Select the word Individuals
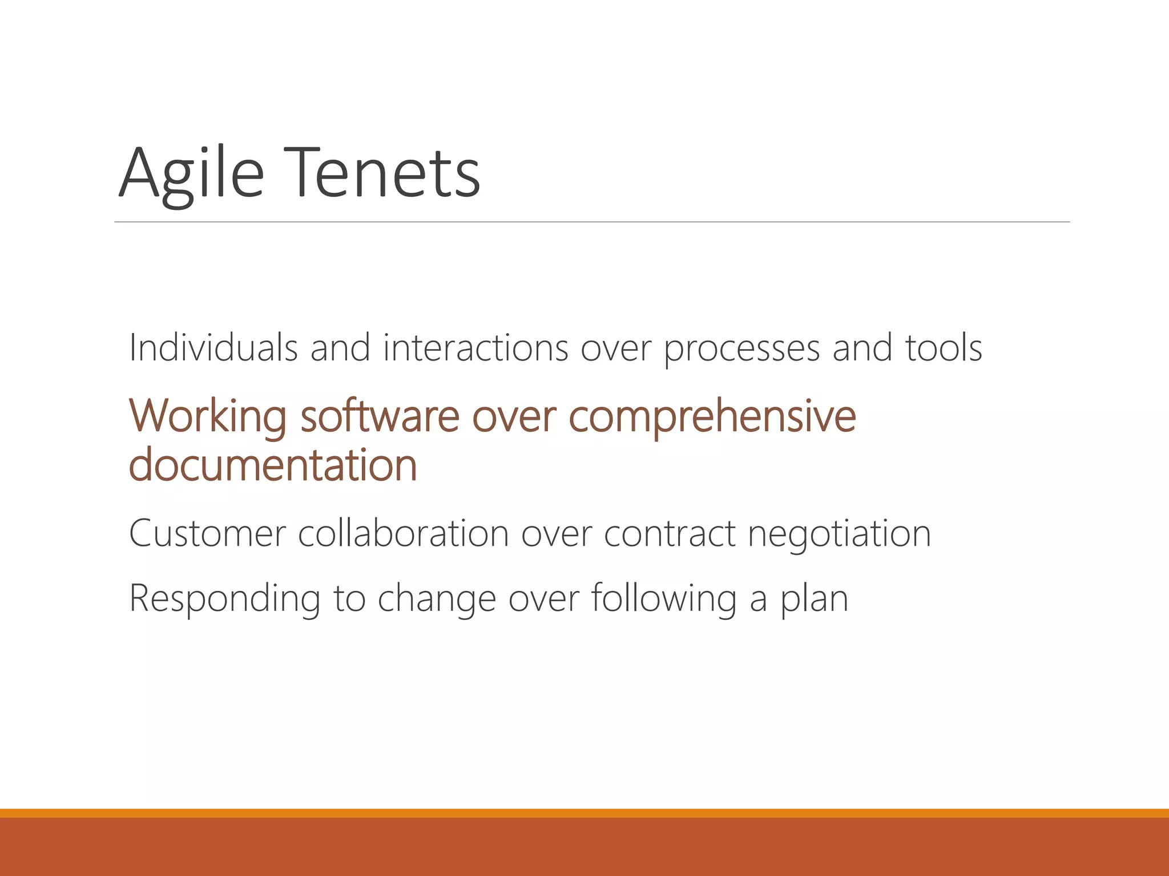click(x=213, y=347)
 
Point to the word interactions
click(x=475, y=347)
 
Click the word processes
click(x=741, y=348)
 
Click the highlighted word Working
click(x=207, y=416)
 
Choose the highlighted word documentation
click(x=273, y=465)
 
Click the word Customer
click(x=207, y=534)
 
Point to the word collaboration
click(x=403, y=534)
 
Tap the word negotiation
click(x=839, y=535)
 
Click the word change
click(x=437, y=599)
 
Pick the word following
click(x=664, y=599)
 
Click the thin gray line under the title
click(x=591, y=222)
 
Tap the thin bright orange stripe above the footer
click(x=584, y=813)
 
